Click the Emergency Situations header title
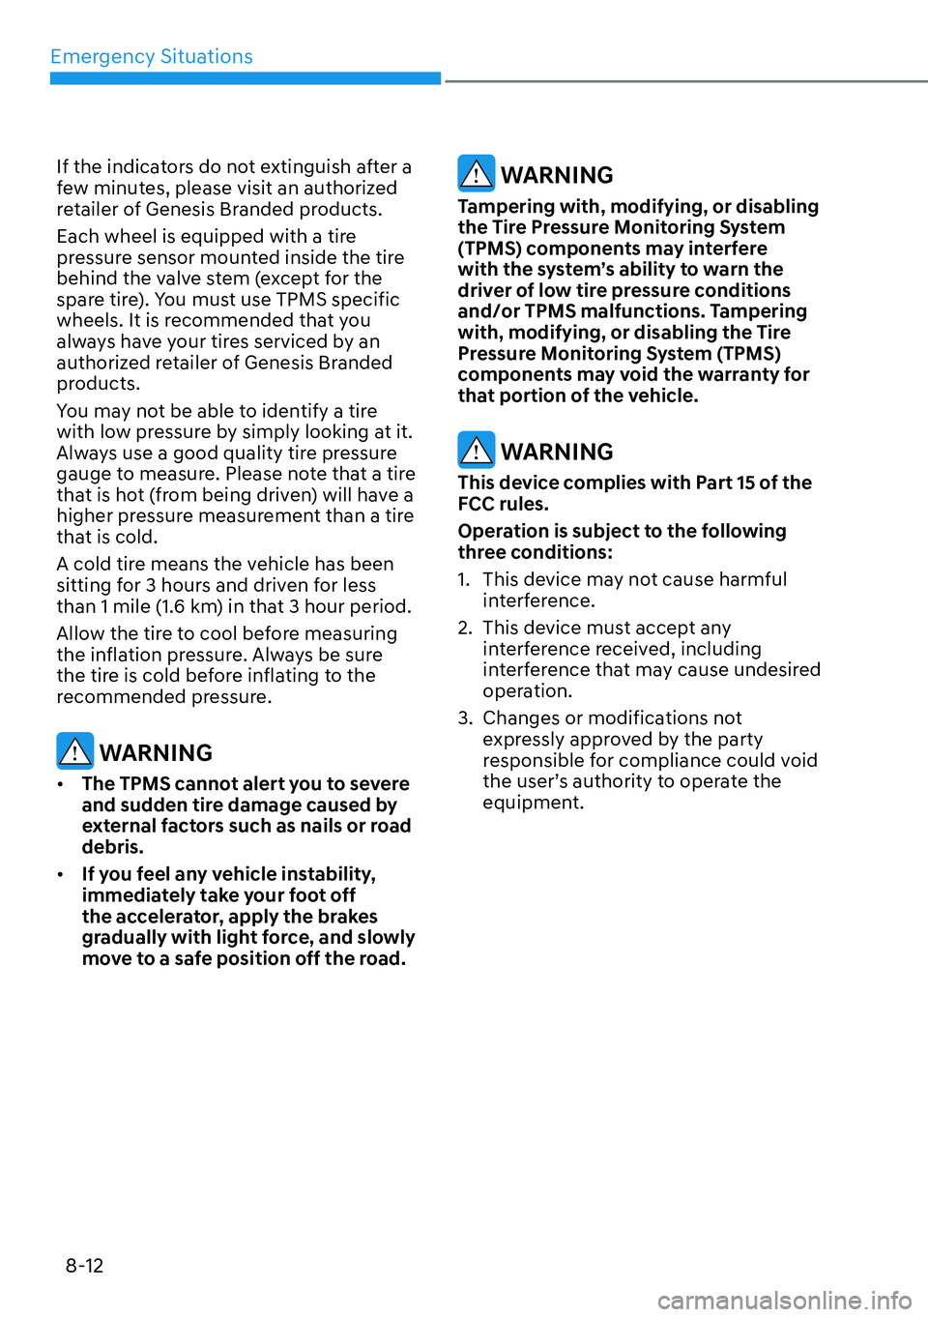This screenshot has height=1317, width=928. coord(151,57)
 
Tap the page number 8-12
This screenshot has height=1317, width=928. coord(84,1266)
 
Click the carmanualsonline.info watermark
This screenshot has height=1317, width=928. coord(784,1301)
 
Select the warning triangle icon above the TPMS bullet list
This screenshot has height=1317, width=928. coord(74,750)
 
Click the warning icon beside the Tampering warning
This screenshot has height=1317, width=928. coord(476,173)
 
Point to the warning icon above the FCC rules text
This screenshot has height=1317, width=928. coord(476,450)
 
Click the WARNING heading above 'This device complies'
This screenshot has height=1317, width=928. coord(557,452)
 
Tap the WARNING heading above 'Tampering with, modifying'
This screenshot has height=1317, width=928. coord(557,175)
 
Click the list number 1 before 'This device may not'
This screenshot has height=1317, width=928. coord(463,579)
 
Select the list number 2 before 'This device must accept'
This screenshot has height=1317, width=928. coord(464,628)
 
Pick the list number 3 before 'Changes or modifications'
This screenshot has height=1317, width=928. coord(464,718)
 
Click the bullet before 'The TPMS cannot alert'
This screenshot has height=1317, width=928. coord(61,784)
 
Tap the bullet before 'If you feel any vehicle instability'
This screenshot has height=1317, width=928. coord(61,875)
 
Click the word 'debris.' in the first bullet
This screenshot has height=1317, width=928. coord(112,847)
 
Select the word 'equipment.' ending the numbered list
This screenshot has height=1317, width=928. coord(533,803)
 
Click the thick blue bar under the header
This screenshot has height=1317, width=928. coord(246,78)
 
